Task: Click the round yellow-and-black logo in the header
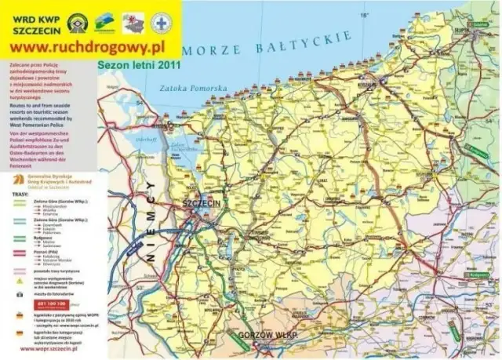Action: (x=77, y=21)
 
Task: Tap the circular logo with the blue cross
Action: (x=162, y=21)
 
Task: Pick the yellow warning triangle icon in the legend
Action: (x=18, y=292)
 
